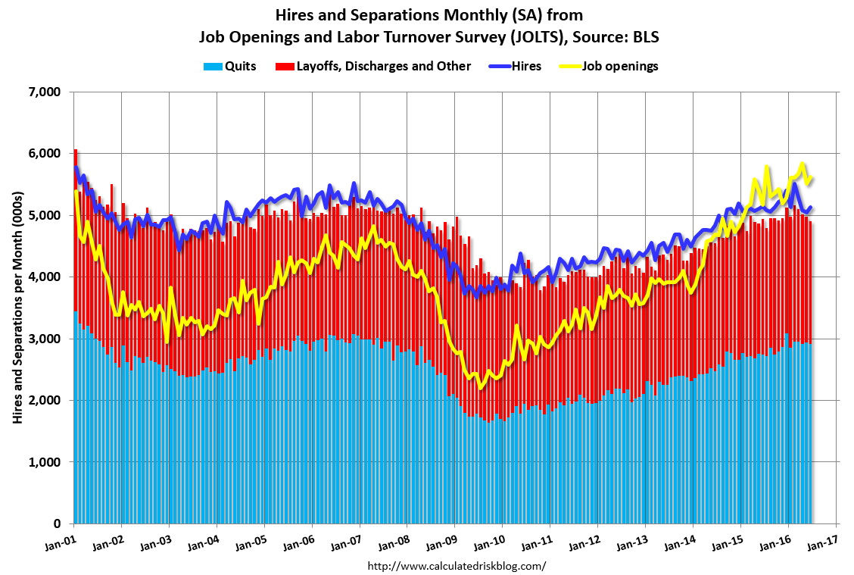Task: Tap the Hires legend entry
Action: click(x=525, y=66)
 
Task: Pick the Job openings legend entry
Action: click(x=619, y=66)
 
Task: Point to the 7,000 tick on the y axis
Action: click(x=45, y=92)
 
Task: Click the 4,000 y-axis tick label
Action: click(x=45, y=277)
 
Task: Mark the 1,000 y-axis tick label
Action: click(x=45, y=462)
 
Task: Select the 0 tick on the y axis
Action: click(x=57, y=524)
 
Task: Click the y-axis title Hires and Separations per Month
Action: click(x=17, y=307)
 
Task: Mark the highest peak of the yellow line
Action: click(x=803, y=163)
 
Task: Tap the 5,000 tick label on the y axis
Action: click(x=45, y=216)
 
